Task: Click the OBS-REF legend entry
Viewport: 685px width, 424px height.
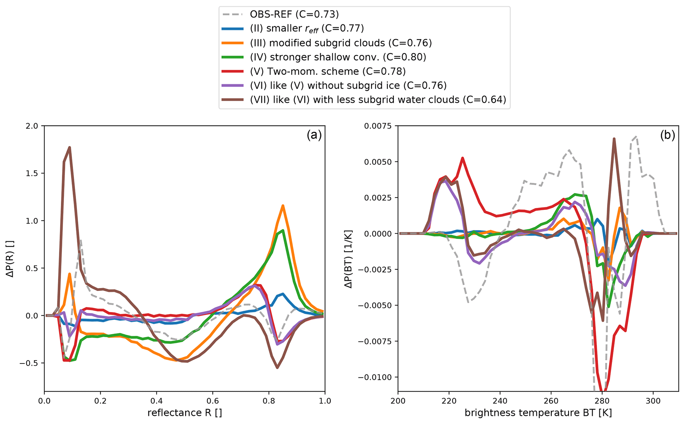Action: click(x=294, y=14)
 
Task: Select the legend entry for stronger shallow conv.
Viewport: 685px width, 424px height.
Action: click(x=338, y=57)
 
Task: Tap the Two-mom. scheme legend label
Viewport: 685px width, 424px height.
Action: click(x=328, y=71)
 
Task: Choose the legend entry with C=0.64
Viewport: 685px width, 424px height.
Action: click(x=378, y=100)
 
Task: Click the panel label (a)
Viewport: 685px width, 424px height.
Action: click(x=314, y=135)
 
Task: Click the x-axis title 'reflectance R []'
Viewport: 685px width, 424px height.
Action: click(x=185, y=413)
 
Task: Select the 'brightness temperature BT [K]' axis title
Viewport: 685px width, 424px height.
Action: click(x=538, y=413)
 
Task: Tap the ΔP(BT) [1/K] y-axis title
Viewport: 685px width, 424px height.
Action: click(x=348, y=259)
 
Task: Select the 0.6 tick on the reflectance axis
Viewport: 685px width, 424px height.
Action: click(x=212, y=401)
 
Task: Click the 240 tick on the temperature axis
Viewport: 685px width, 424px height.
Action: click(x=500, y=401)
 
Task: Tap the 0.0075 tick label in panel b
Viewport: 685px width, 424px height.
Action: click(x=378, y=126)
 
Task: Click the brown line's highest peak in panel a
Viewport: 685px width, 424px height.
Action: click(x=70, y=147)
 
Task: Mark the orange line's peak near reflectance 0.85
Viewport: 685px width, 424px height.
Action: click(x=283, y=206)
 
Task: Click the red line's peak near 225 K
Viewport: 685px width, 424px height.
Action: click(x=463, y=158)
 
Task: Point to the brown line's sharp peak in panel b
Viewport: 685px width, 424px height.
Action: click(x=614, y=139)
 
